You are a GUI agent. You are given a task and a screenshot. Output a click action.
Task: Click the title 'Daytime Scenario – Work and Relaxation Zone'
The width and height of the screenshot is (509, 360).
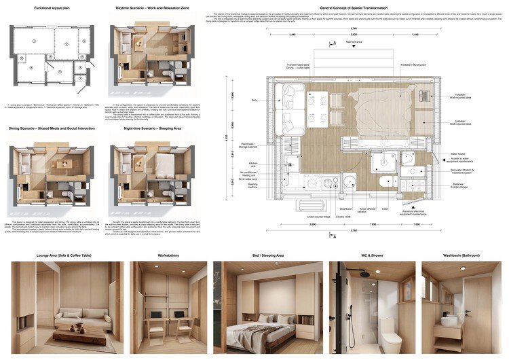tap(153, 9)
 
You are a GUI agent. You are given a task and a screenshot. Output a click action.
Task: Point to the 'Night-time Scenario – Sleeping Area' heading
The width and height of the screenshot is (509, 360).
tap(153, 127)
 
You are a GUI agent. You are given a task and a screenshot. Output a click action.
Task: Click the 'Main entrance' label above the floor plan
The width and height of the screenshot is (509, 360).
tap(354, 41)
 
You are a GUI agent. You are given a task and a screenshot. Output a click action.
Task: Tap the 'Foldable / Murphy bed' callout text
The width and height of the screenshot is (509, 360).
tap(413, 65)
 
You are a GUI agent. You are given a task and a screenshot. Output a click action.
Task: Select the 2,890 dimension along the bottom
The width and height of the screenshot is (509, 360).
tap(313, 223)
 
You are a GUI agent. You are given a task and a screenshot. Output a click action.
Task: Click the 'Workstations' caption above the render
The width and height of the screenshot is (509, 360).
tap(168, 255)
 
